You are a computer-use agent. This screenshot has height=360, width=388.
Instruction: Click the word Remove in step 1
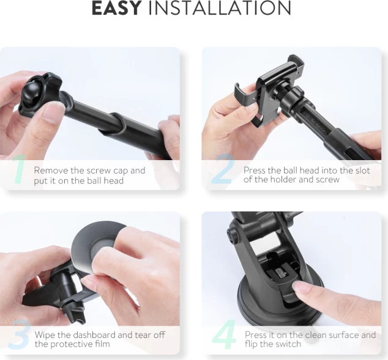point(50,171)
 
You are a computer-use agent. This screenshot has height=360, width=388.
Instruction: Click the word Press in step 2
point(255,171)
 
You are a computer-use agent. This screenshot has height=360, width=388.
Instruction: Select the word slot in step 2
point(361,171)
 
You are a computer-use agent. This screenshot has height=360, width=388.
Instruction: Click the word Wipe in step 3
point(45,335)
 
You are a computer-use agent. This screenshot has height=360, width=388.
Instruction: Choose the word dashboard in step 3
point(95,335)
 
